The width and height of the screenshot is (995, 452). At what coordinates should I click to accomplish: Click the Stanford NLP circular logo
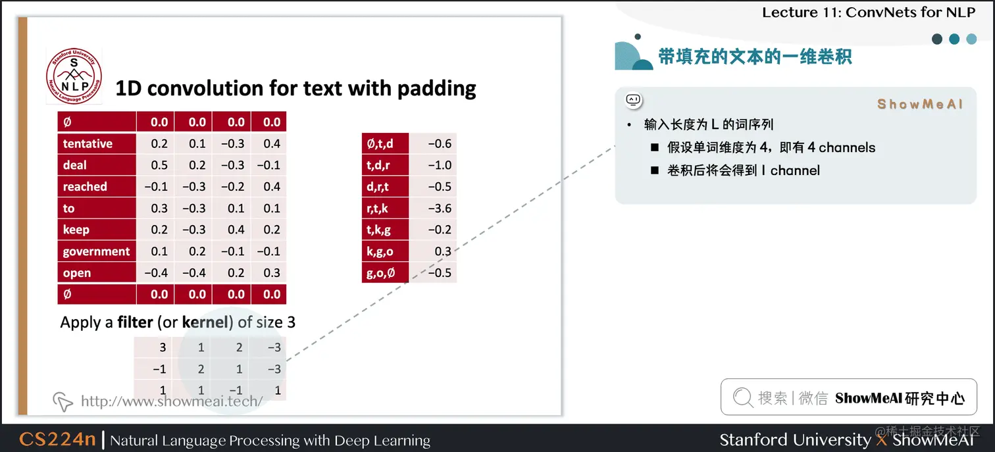point(74,76)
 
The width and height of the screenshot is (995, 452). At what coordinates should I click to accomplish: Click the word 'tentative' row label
point(88,143)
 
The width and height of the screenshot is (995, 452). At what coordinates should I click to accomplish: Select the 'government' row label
point(96,251)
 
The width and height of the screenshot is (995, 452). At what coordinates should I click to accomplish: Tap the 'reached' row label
point(85,187)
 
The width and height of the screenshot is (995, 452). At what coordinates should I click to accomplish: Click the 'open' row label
point(77,273)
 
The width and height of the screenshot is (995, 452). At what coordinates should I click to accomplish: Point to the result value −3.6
point(440,208)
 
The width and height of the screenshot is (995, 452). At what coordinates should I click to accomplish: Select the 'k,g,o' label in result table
point(380,251)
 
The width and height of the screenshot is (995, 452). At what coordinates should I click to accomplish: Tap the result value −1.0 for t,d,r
point(440,165)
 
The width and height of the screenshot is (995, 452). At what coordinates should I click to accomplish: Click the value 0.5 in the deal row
point(159,165)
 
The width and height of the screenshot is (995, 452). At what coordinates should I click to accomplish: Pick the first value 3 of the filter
point(163,347)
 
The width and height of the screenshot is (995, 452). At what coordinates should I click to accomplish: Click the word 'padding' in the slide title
point(436,88)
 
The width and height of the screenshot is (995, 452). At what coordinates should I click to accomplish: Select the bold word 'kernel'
point(205,322)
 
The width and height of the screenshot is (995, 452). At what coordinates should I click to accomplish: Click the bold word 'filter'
point(135,322)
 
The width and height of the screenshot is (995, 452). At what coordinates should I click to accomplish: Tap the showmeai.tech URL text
point(172,401)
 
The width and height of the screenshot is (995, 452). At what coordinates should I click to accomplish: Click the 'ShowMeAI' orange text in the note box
point(920,104)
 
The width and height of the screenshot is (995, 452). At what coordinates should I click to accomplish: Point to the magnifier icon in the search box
point(742,397)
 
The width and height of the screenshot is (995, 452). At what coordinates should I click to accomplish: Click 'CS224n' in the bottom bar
point(57,439)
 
